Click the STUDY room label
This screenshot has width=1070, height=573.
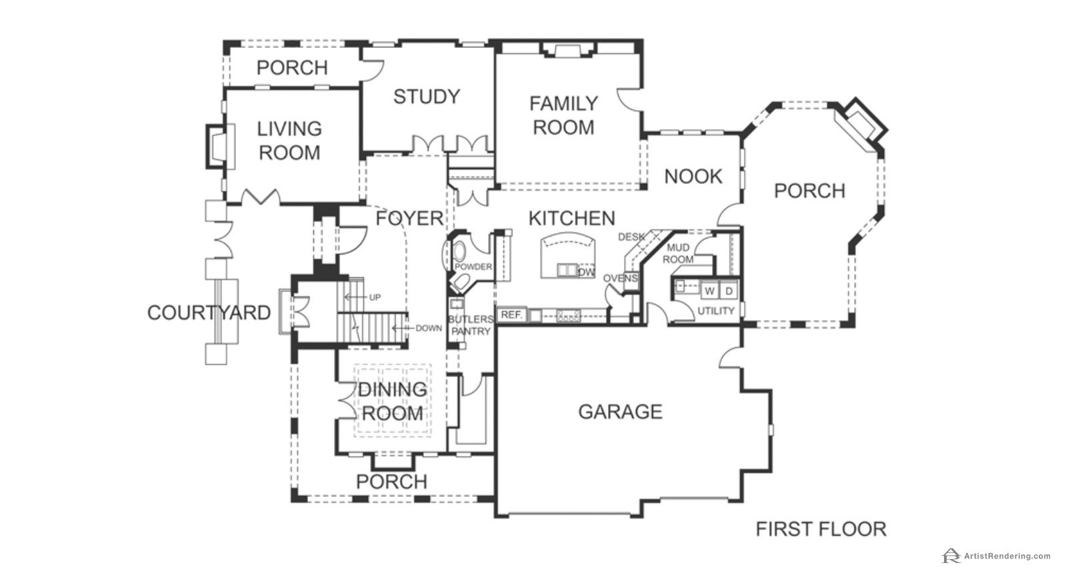coord(427,97)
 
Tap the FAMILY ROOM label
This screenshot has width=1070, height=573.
coord(563,115)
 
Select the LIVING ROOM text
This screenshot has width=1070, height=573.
coord(289,141)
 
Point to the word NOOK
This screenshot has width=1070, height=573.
coord(693,177)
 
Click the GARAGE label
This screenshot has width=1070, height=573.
coord(621,412)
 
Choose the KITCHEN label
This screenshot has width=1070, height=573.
coord(572,219)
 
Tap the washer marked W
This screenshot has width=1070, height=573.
coord(709,290)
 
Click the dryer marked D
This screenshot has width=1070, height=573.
coord(729,290)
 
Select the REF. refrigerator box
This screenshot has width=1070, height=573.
coord(511,315)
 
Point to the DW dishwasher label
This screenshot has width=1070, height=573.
coord(586,272)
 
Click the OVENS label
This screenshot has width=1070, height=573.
coord(621,279)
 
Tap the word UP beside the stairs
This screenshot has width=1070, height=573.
coord(375,297)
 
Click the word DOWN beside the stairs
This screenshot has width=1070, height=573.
coord(429,328)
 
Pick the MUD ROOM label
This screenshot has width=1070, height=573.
coord(678,254)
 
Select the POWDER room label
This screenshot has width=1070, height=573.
coord(473,267)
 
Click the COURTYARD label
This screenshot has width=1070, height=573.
coord(209,312)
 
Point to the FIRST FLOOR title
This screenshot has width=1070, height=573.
coord(821,529)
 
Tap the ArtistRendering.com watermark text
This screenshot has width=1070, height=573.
coord(1007,556)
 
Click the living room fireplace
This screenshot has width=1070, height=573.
coord(221,146)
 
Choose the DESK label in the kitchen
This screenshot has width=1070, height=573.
coord(631,237)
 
